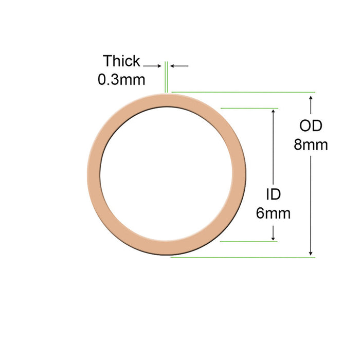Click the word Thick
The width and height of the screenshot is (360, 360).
point(121,61)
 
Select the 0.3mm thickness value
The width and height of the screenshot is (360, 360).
point(121,80)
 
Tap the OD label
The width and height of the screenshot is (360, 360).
point(311,125)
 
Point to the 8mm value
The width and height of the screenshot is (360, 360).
point(311,145)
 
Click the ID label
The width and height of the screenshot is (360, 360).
point(273,194)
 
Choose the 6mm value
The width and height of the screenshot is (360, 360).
point(273,212)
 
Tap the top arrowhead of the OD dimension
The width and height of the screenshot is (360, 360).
point(311,98)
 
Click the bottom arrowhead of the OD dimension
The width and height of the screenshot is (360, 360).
point(311,253)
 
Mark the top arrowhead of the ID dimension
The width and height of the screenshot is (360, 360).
point(273,113)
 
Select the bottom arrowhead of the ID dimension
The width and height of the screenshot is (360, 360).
point(273,237)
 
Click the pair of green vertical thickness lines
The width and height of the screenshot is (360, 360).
point(166,77)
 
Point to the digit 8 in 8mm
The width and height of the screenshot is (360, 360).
point(298,145)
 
